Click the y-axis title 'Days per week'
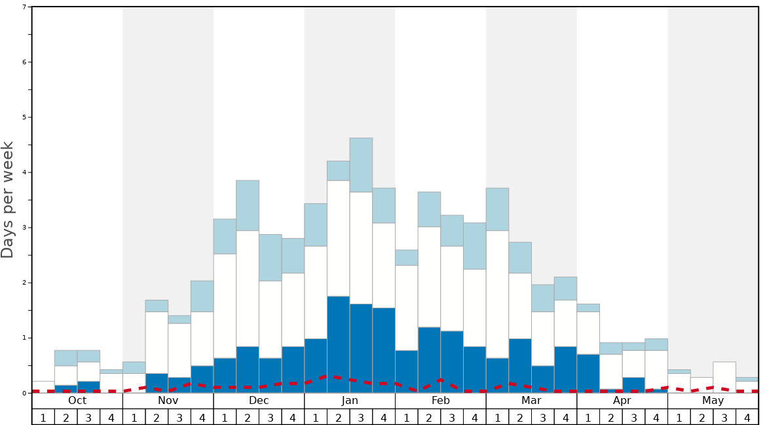coord(8,199)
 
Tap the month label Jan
coord(350,400)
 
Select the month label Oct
coord(77,400)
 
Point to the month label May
coord(713,400)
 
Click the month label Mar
coord(531,400)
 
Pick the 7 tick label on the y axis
coord(24,7)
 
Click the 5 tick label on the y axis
coord(24,117)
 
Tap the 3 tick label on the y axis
coord(24,228)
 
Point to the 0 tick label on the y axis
coord(24,393)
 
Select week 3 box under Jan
coord(361,417)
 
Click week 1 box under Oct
coord(43,417)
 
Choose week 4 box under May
coord(747,417)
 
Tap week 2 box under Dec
coord(248,417)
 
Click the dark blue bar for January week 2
coord(338,344)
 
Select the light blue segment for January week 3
coord(361,165)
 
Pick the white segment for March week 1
coord(497,294)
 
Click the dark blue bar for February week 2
coord(429,359)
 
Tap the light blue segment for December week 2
coord(248,205)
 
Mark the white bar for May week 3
coord(724,377)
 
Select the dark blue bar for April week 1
coord(588,373)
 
